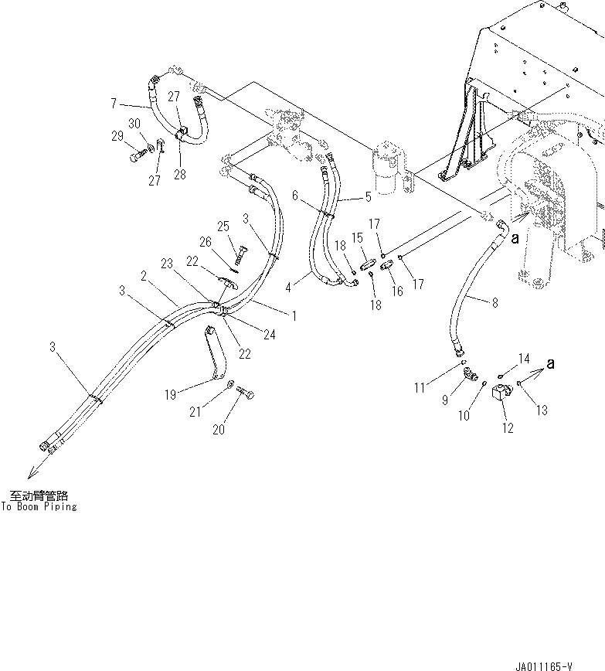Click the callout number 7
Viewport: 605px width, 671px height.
(x=113, y=103)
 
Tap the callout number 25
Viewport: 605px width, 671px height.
(x=223, y=227)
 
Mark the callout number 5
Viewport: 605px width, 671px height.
(x=368, y=197)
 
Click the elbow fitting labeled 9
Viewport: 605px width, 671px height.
(x=468, y=376)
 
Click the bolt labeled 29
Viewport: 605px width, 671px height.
(x=135, y=157)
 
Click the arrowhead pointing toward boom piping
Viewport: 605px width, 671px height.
(x=29, y=475)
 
